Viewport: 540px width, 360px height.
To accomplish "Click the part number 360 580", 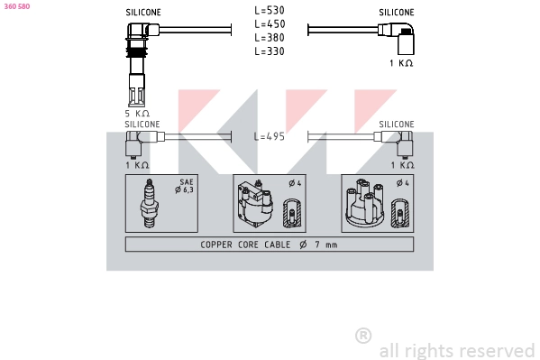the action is click(17, 6).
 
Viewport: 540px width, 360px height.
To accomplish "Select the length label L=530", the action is click(270, 10).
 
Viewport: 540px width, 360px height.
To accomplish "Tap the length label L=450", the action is click(270, 24).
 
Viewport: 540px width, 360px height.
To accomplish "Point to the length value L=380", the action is click(270, 38).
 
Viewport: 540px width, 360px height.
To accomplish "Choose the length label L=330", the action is click(270, 51).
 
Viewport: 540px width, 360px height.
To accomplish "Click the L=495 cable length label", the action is click(270, 136).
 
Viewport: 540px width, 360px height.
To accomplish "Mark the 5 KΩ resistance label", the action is click(137, 114).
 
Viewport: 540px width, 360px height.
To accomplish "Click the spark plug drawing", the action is click(150, 203).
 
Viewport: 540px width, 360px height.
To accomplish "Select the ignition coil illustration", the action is click(255, 204).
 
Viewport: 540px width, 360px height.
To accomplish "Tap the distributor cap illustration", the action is click(366, 203).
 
